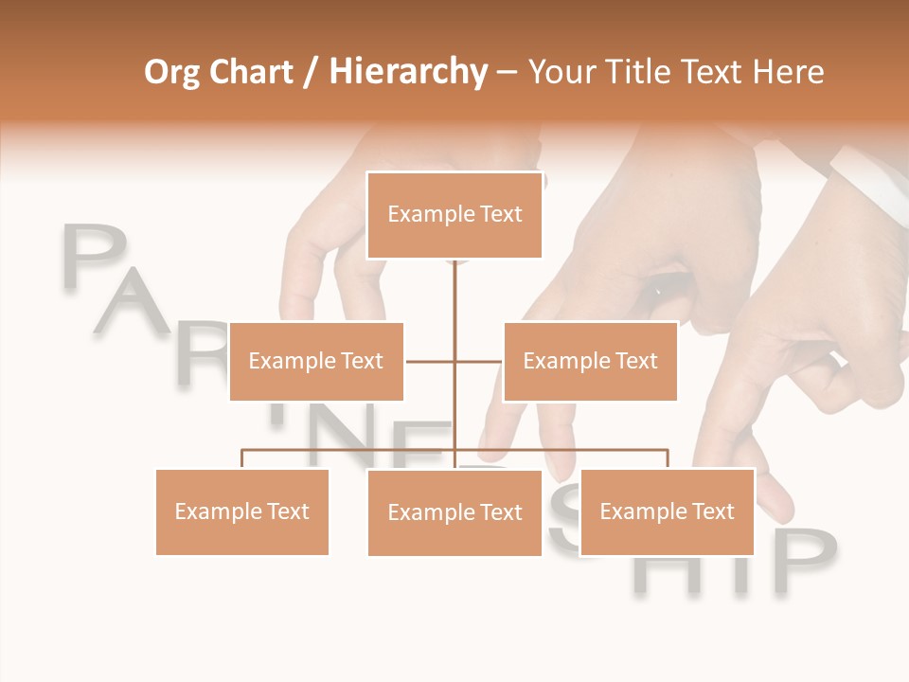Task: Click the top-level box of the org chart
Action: point(454,215)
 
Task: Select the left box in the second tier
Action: point(316,361)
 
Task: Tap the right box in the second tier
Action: point(590,361)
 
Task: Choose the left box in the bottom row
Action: point(242,511)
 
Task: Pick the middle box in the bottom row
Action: point(454,512)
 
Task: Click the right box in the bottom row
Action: point(667,511)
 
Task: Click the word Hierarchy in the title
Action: point(408,72)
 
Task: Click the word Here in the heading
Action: point(788,72)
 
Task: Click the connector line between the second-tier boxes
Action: point(454,361)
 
